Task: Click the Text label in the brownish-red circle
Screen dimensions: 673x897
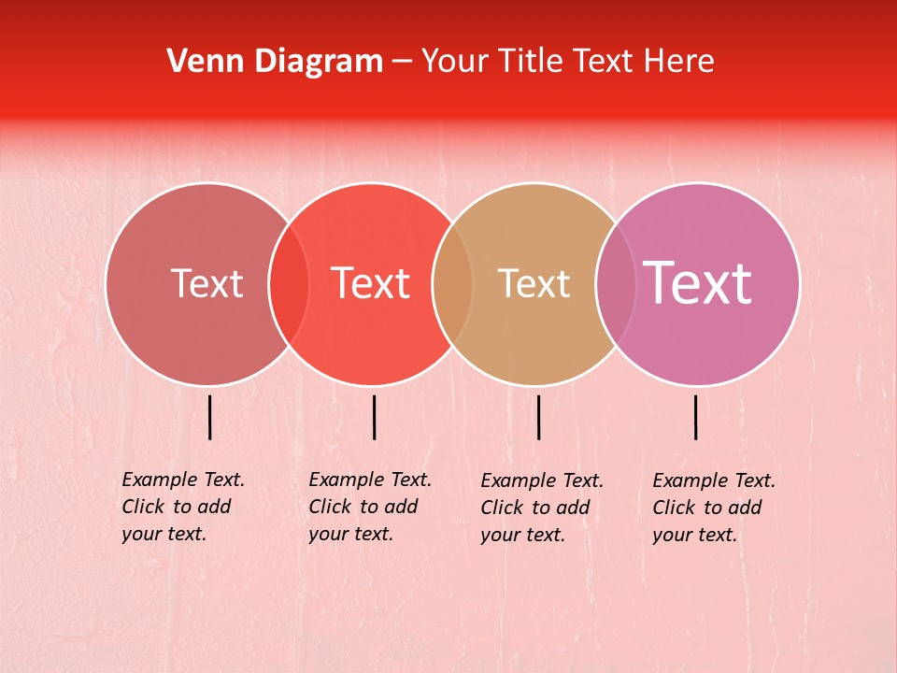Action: tap(206, 283)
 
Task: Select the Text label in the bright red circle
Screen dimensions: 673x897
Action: tap(371, 283)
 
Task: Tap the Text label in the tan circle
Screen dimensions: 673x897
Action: tap(534, 283)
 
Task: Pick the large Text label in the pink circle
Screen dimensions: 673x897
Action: tap(697, 283)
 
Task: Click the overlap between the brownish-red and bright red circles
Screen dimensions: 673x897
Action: tap(289, 283)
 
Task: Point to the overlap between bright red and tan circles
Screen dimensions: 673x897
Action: tap(452, 283)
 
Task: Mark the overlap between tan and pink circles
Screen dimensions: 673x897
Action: tap(616, 283)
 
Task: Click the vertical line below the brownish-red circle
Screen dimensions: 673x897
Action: tap(210, 417)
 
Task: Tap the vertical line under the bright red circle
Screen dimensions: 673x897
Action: tap(374, 417)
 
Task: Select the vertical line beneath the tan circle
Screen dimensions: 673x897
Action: tap(538, 417)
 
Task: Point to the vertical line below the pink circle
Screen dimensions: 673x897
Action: tap(696, 417)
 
